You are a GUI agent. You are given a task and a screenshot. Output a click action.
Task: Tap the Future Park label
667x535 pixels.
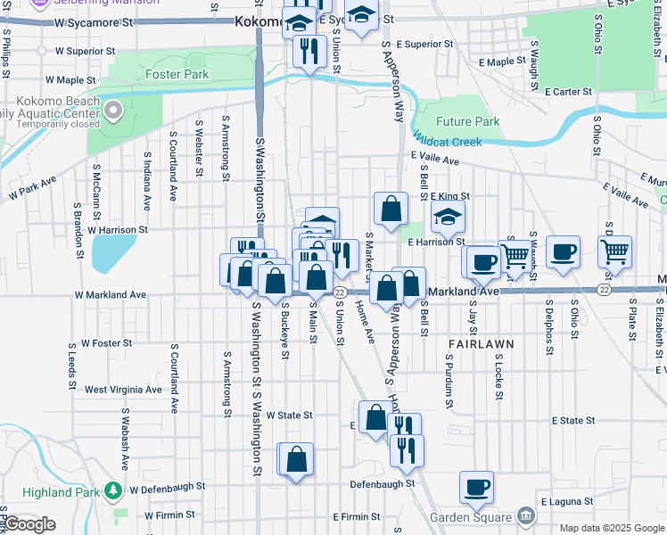[468, 121]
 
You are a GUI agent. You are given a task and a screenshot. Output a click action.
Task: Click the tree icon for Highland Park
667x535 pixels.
[113, 489]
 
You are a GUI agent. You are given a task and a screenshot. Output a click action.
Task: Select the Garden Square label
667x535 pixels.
[471, 517]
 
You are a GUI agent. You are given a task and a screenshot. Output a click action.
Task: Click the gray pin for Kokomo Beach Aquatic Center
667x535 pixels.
[113, 111]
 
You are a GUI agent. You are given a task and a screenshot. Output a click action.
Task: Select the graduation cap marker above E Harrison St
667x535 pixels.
[448, 215]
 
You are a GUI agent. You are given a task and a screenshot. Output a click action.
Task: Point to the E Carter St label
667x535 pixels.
[569, 91]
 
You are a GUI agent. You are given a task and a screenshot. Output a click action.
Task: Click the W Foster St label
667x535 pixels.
[106, 342]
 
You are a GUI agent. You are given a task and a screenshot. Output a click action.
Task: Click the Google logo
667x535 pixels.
[29, 524]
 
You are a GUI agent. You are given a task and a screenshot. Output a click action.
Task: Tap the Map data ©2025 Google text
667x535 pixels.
[611, 528]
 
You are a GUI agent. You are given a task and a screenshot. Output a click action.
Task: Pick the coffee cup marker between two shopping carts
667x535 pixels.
[563, 251]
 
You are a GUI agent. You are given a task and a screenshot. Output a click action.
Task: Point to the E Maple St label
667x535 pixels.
[502, 62]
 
